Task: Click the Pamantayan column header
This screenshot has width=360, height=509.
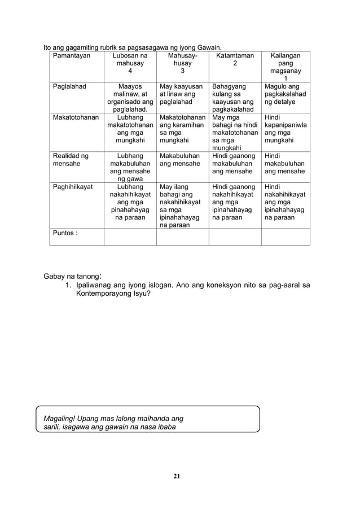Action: (x=71, y=56)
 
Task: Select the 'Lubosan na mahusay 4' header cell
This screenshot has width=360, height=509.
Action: (x=130, y=64)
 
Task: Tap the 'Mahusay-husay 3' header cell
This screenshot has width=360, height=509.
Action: (x=182, y=64)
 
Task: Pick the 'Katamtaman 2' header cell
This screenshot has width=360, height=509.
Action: (x=235, y=60)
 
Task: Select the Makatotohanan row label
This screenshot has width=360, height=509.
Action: (x=75, y=117)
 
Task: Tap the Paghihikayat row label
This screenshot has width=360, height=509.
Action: (x=73, y=186)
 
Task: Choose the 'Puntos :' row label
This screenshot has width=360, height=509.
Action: (x=64, y=233)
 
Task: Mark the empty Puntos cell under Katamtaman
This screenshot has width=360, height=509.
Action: (x=235, y=236)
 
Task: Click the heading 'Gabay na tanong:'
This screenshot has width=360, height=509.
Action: (x=73, y=277)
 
